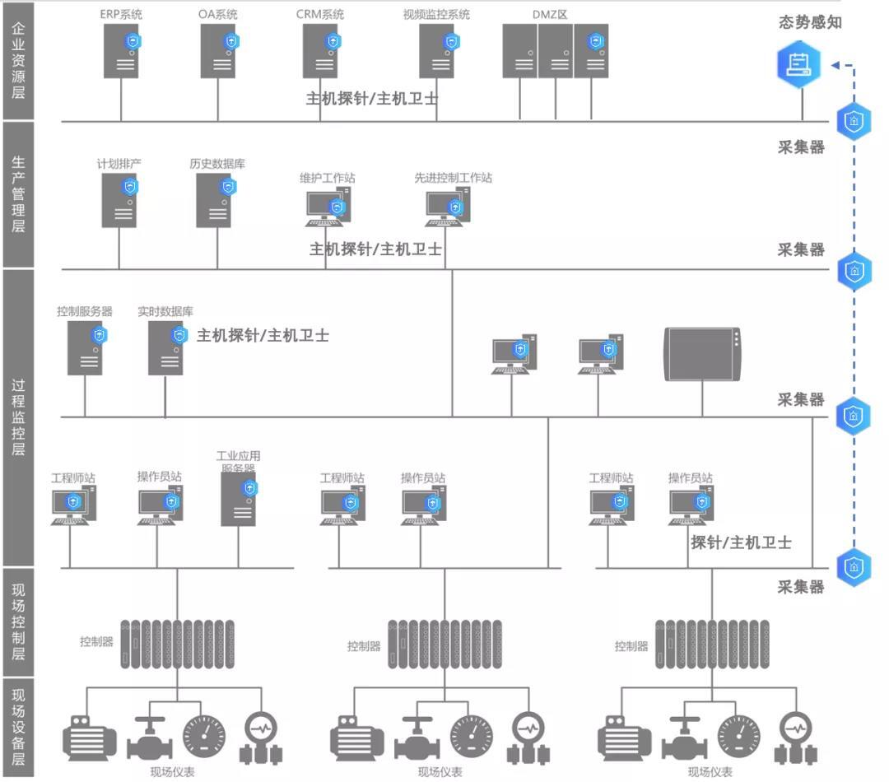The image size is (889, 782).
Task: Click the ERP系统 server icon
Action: tap(120, 51)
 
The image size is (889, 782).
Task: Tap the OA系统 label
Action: tap(218, 15)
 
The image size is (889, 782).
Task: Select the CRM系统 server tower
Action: tap(319, 51)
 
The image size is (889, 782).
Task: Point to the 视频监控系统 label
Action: tap(436, 15)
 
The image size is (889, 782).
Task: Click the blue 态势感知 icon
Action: tap(799, 64)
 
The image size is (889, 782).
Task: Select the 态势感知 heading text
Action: tap(810, 22)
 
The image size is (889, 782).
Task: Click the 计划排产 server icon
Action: tap(119, 201)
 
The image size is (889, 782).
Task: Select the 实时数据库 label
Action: tap(165, 312)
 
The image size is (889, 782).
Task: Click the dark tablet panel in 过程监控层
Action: tap(702, 355)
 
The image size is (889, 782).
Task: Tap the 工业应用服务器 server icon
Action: tap(239, 500)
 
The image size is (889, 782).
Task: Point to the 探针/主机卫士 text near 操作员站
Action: tap(741, 542)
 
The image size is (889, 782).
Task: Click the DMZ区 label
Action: tap(551, 15)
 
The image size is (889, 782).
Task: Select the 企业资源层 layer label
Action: tap(18, 59)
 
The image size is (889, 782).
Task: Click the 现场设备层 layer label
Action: tap(18, 727)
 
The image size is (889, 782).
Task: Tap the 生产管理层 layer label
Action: tap(18, 194)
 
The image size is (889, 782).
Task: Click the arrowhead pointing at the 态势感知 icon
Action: tap(835, 65)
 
